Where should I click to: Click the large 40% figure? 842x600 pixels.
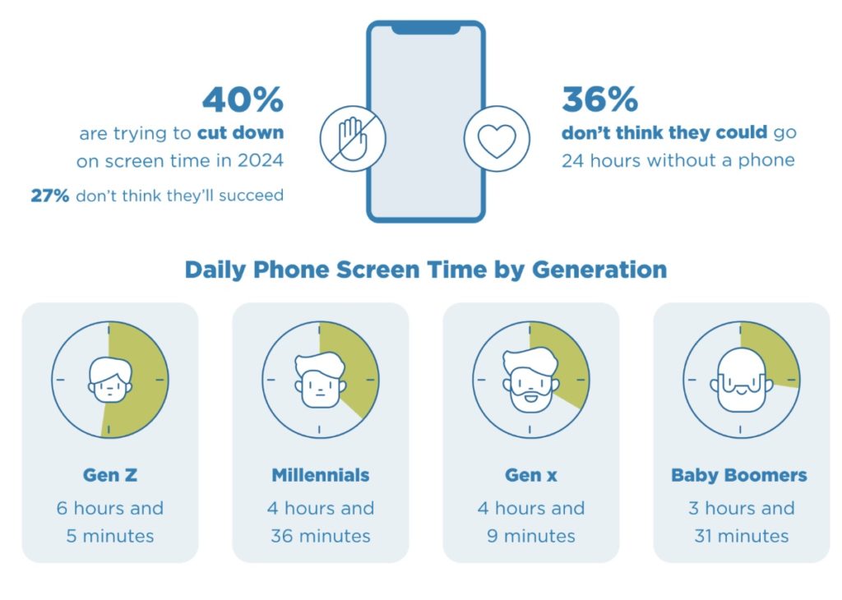[x=243, y=99]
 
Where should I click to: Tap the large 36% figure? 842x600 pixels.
[x=599, y=99]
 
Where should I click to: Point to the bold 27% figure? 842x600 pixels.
[x=50, y=196]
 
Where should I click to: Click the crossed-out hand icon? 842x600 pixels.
[x=353, y=138]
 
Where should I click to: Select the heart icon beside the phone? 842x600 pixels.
[x=497, y=140]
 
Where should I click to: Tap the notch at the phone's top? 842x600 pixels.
[x=426, y=29]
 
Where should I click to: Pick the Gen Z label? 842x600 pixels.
[x=110, y=475]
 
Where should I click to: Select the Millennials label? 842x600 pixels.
[x=321, y=475]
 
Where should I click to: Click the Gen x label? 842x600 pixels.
[x=531, y=475]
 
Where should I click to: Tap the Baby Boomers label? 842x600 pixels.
[x=739, y=475]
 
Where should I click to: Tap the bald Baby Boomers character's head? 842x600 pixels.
[x=741, y=380]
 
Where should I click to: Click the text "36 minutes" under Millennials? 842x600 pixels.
[x=321, y=536]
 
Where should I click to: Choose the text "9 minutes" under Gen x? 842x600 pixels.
[x=531, y=536]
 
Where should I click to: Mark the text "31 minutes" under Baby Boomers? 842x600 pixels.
[x=742, y=536]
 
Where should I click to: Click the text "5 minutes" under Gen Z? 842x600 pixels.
[x=110, y=536]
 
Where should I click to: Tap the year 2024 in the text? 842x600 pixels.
[x=261, y=160]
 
